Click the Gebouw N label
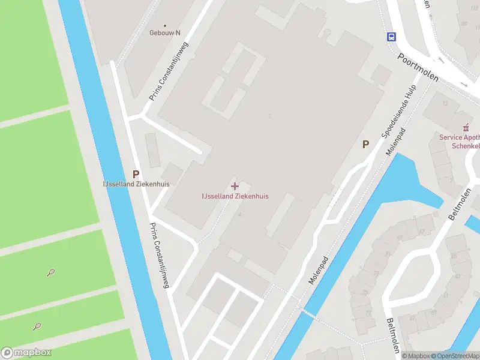point(165,33)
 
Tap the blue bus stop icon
point(391,37)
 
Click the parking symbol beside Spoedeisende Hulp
point(365,144)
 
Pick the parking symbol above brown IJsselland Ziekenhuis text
point(136,173)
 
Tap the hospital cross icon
point(235,186)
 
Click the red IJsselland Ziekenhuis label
point(235,196)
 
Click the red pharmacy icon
point(465,127)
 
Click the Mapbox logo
point(26,353)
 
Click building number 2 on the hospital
point(271,116)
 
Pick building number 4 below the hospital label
point(239,214)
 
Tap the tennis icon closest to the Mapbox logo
point(37,327)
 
